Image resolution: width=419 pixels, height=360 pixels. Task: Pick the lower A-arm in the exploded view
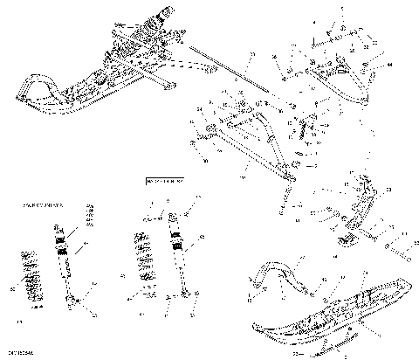(x=253, y=140)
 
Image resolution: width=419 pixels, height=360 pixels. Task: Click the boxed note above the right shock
(x=161, y=181)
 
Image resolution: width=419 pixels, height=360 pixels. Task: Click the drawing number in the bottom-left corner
(x=18, y=351)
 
